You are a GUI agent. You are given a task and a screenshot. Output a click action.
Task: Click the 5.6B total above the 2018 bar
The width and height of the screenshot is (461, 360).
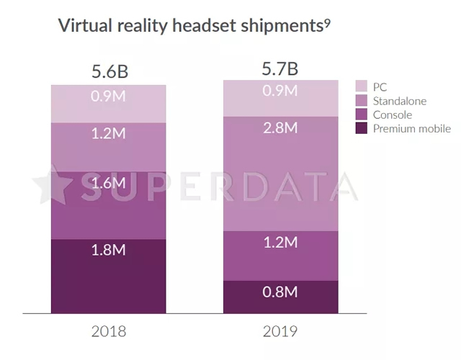(x=109, y=72)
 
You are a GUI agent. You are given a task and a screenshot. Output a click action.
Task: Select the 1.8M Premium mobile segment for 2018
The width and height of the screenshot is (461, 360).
(x=109, y=251)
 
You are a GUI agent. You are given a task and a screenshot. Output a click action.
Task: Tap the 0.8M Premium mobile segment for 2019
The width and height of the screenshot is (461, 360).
(x=280, y=292)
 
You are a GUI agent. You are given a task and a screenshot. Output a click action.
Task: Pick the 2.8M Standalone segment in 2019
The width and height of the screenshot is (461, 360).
(x=280, y=128)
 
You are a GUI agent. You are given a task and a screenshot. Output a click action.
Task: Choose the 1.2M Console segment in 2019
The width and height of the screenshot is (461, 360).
(x=280, y=243)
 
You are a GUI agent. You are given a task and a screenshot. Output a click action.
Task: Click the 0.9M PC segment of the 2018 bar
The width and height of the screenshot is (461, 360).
(x=109, y=95)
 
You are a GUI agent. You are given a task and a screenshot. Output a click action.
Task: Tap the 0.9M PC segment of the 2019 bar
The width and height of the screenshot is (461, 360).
(x=280, y=91)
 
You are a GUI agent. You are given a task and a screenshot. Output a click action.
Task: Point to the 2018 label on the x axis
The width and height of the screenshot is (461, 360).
(x=109, y=332)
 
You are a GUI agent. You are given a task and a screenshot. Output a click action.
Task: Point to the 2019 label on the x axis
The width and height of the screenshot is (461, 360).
(x=280, y=332)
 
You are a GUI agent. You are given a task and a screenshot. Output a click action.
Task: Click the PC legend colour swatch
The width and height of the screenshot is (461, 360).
(x=362, y=87)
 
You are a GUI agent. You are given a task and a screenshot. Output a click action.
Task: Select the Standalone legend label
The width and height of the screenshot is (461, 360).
(x=400, y=101)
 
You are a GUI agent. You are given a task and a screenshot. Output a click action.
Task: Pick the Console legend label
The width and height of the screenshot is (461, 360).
(x=393, y=115)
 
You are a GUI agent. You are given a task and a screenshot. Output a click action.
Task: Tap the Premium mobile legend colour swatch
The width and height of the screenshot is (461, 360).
(x=362, y=129)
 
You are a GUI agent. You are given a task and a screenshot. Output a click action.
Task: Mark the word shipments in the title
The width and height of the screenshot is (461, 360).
(x=282, y=26)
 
